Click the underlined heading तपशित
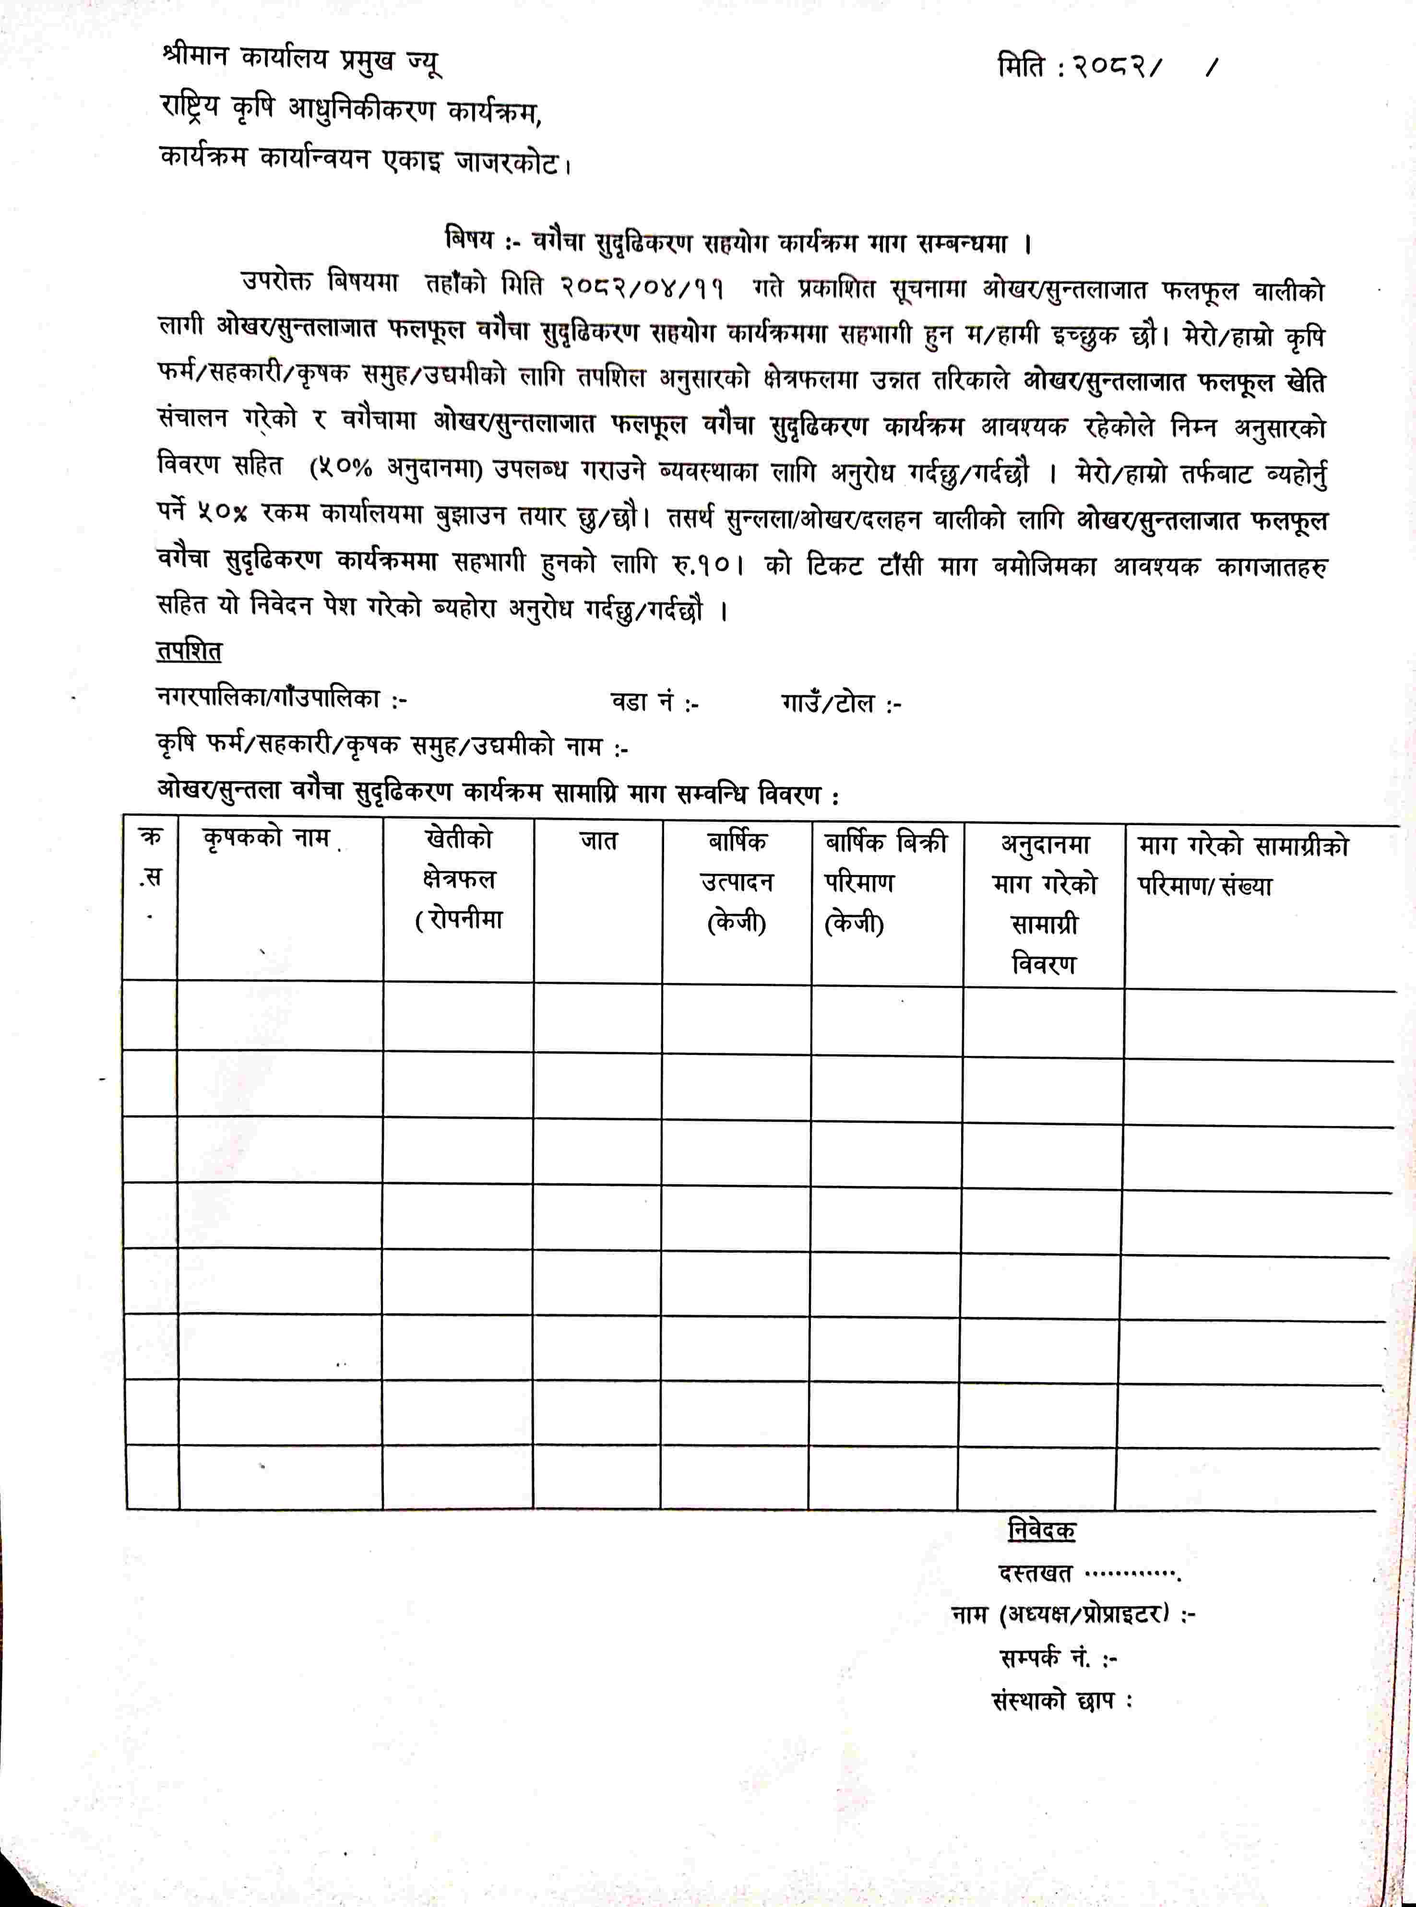click(x=189, y=651)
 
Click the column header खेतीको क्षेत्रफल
click(x=459, y=878)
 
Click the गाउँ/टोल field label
click(x=840, y=704)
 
